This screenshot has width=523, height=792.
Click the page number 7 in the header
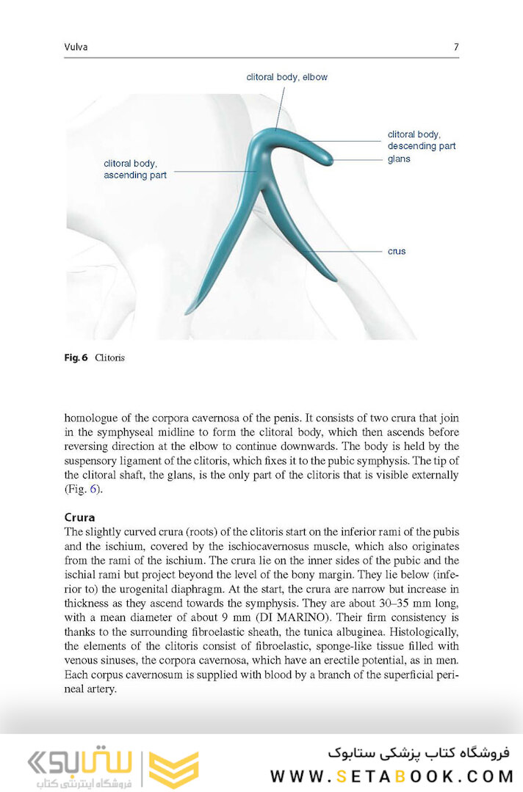click(x=456, y=47)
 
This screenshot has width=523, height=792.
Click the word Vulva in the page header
click(x=76, y=47)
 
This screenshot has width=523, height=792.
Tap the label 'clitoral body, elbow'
click(x=286, y=76)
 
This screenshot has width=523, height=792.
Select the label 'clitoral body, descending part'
click(x=421, y=140)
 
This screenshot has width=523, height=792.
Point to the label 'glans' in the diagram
click(x=399, y=159)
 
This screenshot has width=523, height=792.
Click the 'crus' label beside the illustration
click(x=397, y=251)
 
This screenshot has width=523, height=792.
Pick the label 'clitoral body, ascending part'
click(x=135, y=170)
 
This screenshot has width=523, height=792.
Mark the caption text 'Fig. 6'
click(x=76, y=357)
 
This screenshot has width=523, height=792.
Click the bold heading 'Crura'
click(x=80, y=517)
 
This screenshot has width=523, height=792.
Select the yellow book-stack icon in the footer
click(x=173, y=769)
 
